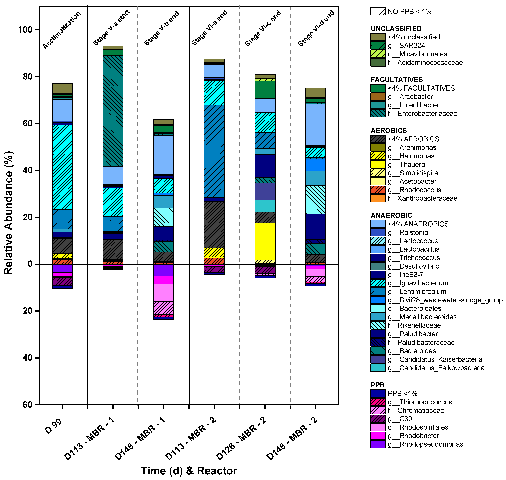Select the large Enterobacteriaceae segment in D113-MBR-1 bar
tap(113, 111)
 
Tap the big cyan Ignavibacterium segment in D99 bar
tap(62, 167)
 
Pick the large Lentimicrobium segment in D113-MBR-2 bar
tap(214, 151)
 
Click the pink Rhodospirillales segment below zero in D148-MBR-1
tap(164, 293)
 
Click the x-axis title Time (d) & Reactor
tap(189, 470)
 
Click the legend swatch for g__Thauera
tap(378, 164)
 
